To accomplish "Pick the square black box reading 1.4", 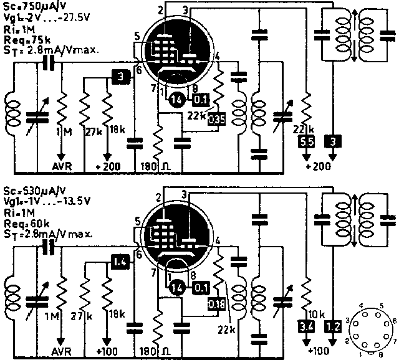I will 120,262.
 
